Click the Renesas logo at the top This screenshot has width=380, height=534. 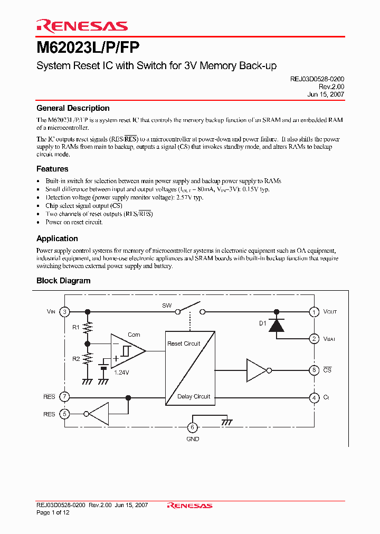click(82, 26)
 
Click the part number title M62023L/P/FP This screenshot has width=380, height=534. click(88, 47)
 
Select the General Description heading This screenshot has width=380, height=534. click(73, 108)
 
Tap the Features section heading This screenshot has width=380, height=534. click(52, 169)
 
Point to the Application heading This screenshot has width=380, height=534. click(57, 239)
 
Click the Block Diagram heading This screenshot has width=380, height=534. click(63, 281)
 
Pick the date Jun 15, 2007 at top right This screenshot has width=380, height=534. click(326, 94)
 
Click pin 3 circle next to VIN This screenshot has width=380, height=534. click(64, 312)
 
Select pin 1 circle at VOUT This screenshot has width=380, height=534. click(314, 312)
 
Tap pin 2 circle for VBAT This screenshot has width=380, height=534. click(314, 339)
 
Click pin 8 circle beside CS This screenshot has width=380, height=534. click(314, 370)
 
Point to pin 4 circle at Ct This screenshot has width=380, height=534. click(314, 397)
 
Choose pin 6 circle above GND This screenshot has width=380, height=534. click(193, 427)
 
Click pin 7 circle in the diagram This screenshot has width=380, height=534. click(64, 397)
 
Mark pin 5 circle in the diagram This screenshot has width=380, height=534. click(64, 414)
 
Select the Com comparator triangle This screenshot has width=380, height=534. click(128, 351)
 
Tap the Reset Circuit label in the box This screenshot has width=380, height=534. click(184, 344)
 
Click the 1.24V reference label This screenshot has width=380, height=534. click(122, 372)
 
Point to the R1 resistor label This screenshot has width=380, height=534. click(76, 327)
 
